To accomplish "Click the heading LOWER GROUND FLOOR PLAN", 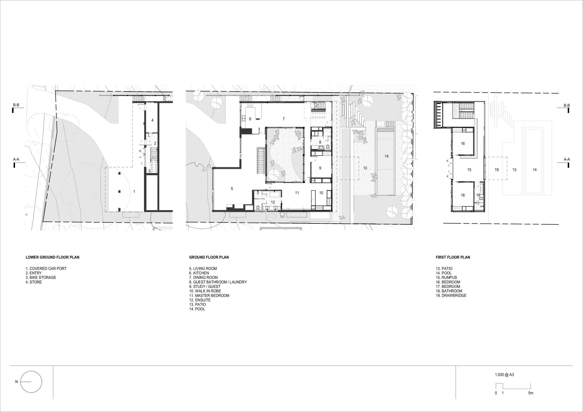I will click(x=52, y=257).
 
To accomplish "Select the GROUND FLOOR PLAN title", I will click(x=209, y=257).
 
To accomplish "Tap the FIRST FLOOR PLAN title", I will click(x=453, y=257).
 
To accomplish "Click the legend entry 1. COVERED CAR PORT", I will click(x=46, y=269).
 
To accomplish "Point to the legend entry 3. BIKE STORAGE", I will click(x=41, y=278).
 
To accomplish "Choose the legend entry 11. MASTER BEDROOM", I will click(x=209, y=296).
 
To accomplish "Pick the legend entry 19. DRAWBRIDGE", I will click(x=451, y=295).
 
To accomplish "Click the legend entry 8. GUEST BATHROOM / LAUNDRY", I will click(x=218, y=282).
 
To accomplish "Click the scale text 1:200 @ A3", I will click(x=504, y=375).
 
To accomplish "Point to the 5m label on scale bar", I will click(x=531, y=393).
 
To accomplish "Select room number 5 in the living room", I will click(x=232, y=189).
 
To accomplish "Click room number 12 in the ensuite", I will click(x=273, y=202).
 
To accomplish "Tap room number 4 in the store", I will click(x=152, y=120).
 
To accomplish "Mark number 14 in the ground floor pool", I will click(x=387, y=156).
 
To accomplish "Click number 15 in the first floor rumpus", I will click(x=469, y=170).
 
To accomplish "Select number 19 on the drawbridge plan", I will click(x=497, y=170).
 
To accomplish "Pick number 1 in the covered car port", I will click(x=134, y=192).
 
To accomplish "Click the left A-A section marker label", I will click(x=16, y=160).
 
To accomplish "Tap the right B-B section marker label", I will click(x=566, y=105).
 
